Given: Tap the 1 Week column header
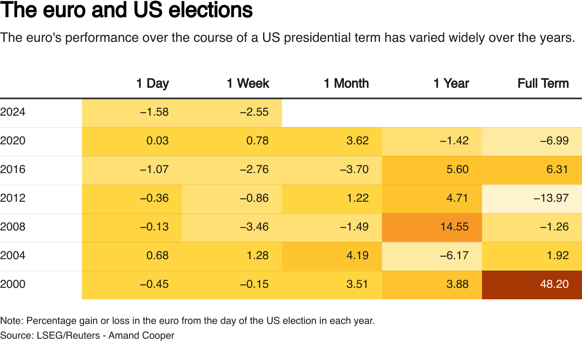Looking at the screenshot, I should (x=248, y=83).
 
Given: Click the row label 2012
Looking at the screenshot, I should (x=13, y=198).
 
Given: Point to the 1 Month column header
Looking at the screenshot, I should (x=346, y=83).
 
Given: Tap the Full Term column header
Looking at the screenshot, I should (x=543, y=83).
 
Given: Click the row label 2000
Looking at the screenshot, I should (x=13, y=284).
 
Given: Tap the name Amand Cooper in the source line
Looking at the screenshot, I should (x=141, y=335).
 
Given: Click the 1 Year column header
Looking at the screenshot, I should (x=451, y=83).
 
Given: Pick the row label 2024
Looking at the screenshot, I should (x=13, y=112).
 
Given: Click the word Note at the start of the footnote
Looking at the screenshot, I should (x=11, y=321).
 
